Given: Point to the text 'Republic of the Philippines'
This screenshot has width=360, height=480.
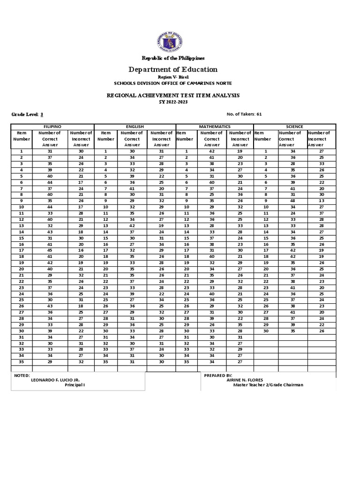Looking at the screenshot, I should [173, 58].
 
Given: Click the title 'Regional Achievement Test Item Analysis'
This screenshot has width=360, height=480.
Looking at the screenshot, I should [173, 95].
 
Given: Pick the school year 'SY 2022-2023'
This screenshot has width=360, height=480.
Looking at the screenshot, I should [173, 102].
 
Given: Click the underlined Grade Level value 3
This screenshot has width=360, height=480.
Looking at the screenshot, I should [42, 114].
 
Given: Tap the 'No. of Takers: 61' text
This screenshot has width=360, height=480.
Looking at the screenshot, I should [244, 114].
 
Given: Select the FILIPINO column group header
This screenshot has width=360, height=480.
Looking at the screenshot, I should [52, 127].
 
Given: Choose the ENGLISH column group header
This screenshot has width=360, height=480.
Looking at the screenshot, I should [135, 127].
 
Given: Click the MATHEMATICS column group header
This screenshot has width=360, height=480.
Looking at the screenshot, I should [215, 127].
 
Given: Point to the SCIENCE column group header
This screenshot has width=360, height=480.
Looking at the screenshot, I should [294, 127].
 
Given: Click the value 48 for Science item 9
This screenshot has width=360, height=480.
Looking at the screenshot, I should [292, 200].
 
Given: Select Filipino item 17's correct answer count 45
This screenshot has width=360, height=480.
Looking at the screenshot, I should [50, 250].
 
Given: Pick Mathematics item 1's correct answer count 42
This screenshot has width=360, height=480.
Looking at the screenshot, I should [212, 151].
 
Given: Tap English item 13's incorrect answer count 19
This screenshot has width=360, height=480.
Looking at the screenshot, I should [161, 225].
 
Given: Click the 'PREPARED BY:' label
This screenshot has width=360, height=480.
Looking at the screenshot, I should [218, 375].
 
